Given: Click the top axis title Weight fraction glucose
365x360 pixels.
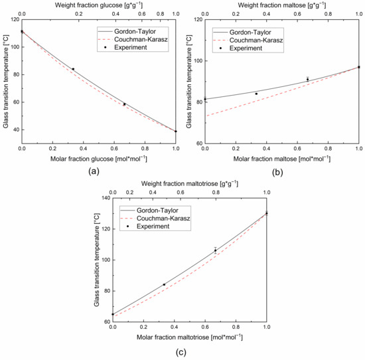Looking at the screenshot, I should point(98,4).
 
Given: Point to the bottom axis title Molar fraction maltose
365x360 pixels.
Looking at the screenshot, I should point(281,159).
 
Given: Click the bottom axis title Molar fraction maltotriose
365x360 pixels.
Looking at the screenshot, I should point(189,337).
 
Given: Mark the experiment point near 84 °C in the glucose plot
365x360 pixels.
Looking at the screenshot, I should point(73,69).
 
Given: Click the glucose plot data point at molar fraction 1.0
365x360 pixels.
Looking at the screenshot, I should point(176,132).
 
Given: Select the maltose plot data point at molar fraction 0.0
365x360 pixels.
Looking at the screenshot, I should point(205,100).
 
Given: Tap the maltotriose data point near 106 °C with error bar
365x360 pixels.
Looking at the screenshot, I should point(215,250).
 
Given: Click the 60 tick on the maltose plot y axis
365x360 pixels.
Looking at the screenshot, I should point(198,143).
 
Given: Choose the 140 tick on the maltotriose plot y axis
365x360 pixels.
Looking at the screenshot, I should point(104,198).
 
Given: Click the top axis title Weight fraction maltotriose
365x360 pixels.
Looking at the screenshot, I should point(189,183).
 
